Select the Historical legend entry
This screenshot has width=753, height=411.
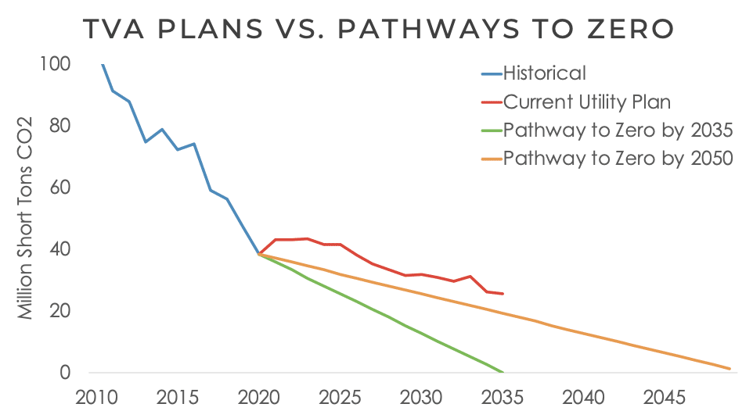click(x=544, y=73)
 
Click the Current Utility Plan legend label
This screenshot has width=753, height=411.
click(x=587, y=102)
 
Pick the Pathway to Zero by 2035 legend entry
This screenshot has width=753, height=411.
click(x=618, y=130)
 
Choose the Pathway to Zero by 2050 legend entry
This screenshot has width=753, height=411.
click(x=618, y=158)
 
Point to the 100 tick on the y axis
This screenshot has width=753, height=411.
click(x=55, y=65)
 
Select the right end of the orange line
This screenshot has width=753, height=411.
click(x=730, y=369)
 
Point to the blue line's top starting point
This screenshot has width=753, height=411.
click(x=103, y=65)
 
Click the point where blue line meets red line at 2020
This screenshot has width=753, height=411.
click(x=259, y=254)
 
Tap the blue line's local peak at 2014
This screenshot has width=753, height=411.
click(x=162, y=130)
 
